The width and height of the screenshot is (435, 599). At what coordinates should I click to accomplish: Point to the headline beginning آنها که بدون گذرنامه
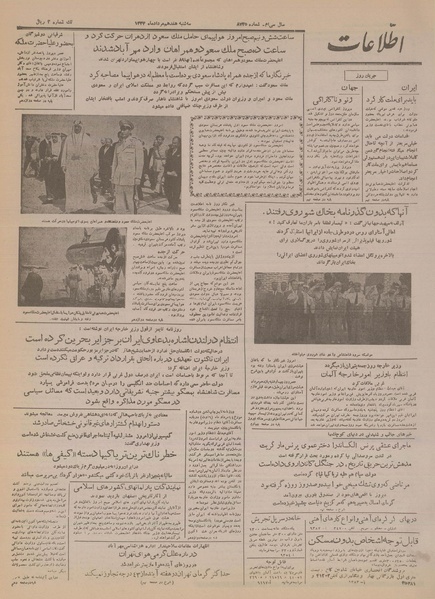coord(330,213)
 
